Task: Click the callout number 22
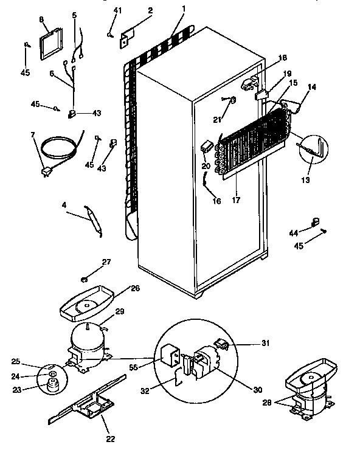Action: tap(110, 438)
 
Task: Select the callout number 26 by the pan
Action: tap(135, 288)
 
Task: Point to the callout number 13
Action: tap(305, 181)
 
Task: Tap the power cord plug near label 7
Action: tap(46, 173)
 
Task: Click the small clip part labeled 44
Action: tap(315, 223)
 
